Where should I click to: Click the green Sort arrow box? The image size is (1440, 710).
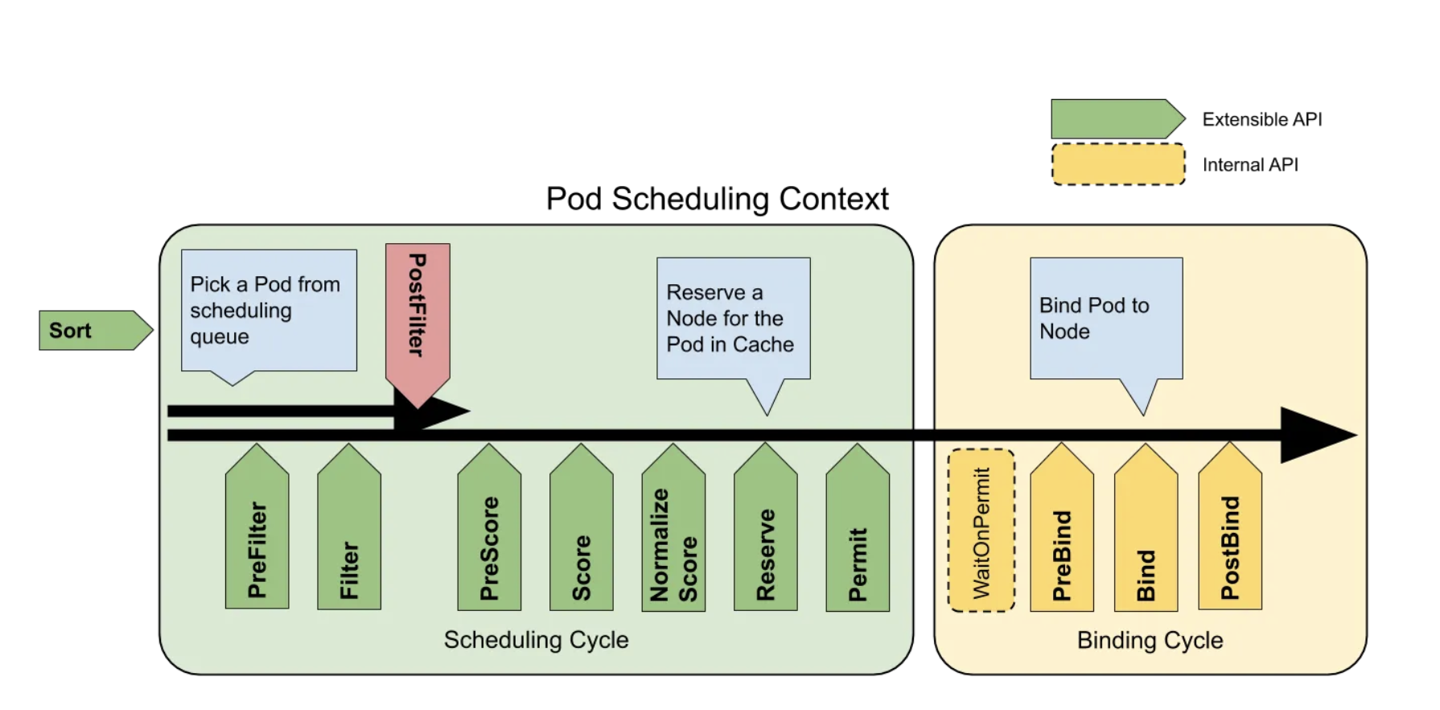[95, 330]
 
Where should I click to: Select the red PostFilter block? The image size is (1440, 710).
[418, 322]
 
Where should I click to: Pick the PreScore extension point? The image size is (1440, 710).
[489, 527]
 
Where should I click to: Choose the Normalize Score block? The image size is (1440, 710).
[673, 527]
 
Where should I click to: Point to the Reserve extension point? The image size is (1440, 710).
[766, 527]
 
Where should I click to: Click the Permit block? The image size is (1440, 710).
[858, 527]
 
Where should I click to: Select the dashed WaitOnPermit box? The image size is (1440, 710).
[981, 530]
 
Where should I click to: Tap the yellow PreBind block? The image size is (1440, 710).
[1062, 527]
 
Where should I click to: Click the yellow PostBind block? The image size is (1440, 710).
[1230, 527]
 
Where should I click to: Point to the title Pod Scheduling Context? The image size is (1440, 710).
[717, 199]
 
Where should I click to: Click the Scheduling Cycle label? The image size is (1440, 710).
[536, 640]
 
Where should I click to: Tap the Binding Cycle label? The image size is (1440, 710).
[1150, 640]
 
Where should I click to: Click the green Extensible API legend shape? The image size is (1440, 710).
[1118, 119]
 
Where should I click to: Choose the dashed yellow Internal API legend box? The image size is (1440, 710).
[1118, 164]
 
